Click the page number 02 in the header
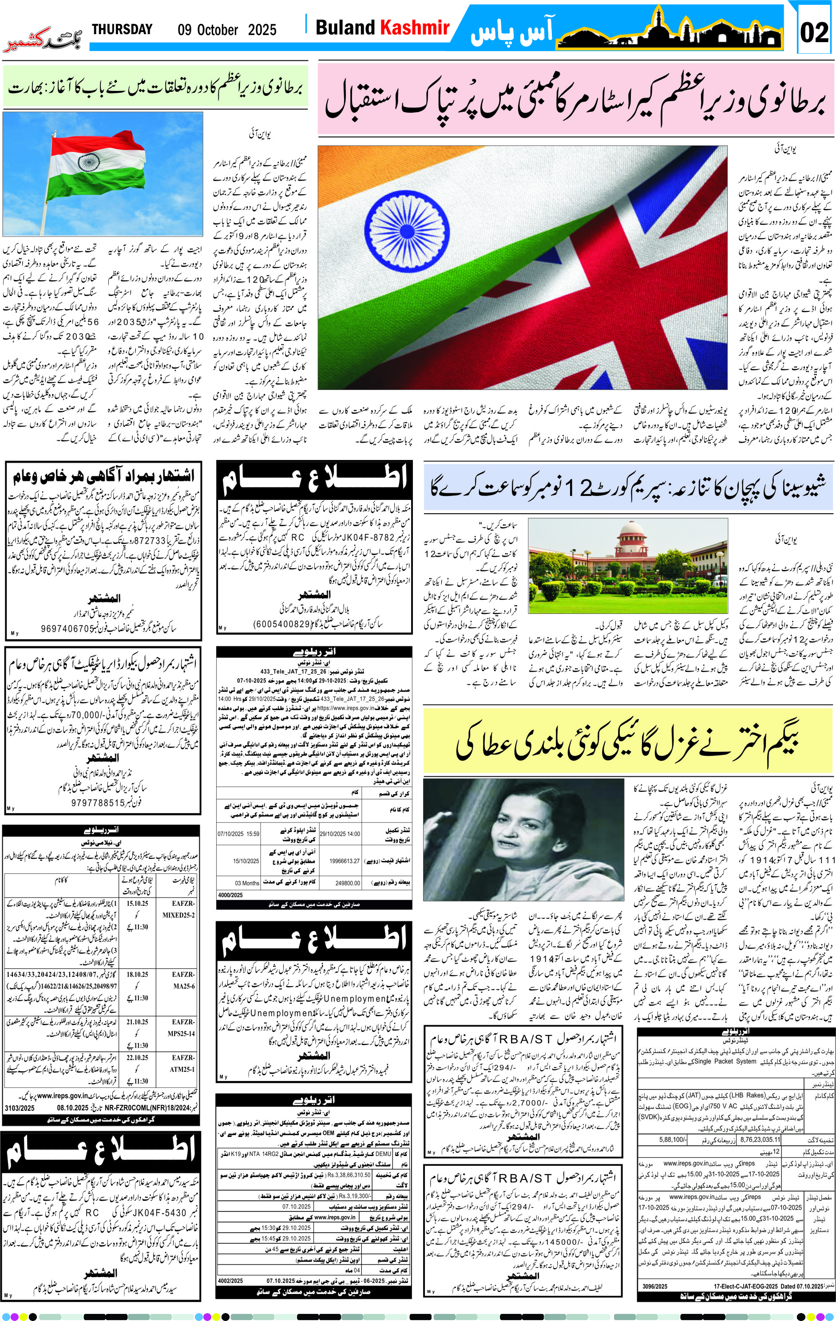coord(814,32)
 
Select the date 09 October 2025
coord(227,30)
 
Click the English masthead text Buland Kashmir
coord(382,28)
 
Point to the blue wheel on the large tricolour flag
coord(406,224)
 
